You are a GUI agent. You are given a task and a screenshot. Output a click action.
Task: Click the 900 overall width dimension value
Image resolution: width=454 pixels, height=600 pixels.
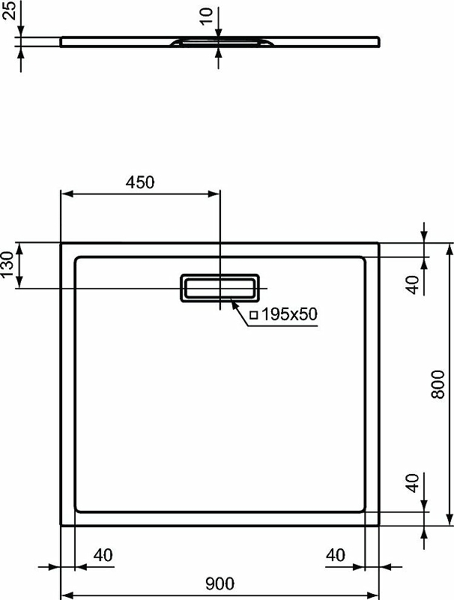(220, 583)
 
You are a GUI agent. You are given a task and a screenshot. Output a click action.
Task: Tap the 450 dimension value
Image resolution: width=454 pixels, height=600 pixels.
(139, 182)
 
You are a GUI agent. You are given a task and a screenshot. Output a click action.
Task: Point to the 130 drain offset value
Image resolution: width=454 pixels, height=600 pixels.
(7, 265)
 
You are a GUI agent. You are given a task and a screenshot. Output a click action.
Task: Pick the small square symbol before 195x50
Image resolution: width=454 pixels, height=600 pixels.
(253, 315)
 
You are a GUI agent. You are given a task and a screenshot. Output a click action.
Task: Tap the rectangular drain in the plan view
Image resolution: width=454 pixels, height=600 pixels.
(220, 288)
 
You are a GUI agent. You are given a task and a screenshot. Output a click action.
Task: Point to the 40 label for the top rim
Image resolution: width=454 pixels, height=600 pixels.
(411, 285)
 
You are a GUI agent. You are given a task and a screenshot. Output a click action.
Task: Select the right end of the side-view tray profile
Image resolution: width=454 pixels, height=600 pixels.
(378, 42)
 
